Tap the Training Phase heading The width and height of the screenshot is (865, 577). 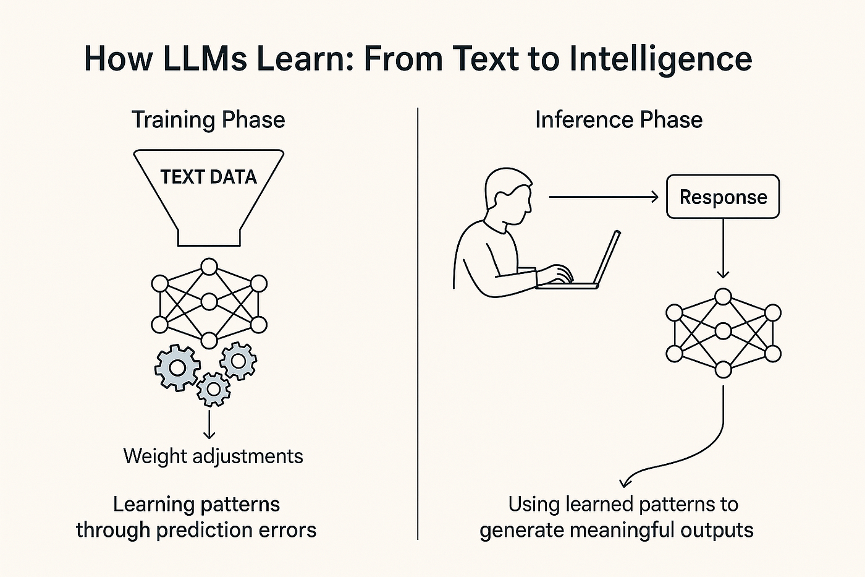click(208, 119)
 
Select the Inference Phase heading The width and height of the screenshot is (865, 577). click(618, 119)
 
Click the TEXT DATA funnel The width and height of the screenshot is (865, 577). click(209, 192)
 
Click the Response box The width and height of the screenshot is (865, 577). click(723, 197)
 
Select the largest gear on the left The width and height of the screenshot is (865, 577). click(177, 367)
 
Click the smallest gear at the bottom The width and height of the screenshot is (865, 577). click(214, 389)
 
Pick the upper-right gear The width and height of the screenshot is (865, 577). click(238, 360)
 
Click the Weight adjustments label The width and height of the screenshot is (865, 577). click(213, 456)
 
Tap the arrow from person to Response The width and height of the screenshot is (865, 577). click(603, 197)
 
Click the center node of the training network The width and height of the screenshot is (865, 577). click(209, 302)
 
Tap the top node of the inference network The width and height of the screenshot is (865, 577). click(724, 297)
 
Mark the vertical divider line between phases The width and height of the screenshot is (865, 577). click(418, 322)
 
